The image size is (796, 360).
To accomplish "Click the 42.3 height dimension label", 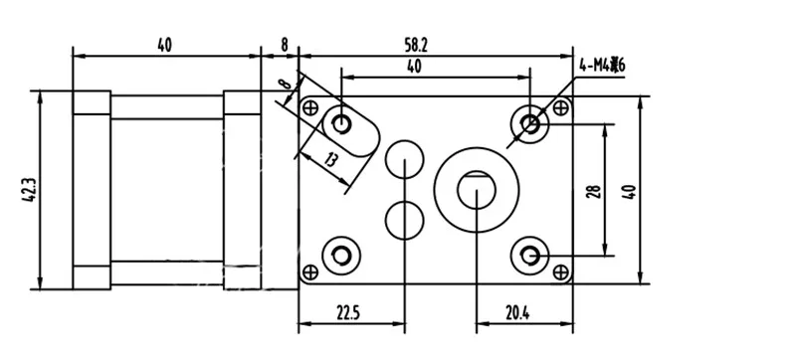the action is (x=29, y=191).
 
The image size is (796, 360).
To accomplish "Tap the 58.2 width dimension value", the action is (x=416, y=46).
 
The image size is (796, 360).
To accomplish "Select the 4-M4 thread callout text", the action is (x=602, y=66).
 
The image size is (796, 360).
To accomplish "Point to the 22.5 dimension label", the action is (x=347, y=313).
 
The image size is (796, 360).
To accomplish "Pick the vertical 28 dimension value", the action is (x=594, y=191).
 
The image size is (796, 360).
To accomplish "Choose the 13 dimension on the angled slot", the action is (x=330, y=160).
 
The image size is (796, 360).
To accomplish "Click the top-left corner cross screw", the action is (x=309, y=107).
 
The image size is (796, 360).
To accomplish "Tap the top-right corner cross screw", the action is (x=560, y=107).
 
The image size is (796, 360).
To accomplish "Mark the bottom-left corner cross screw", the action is (x=309, y=272).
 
